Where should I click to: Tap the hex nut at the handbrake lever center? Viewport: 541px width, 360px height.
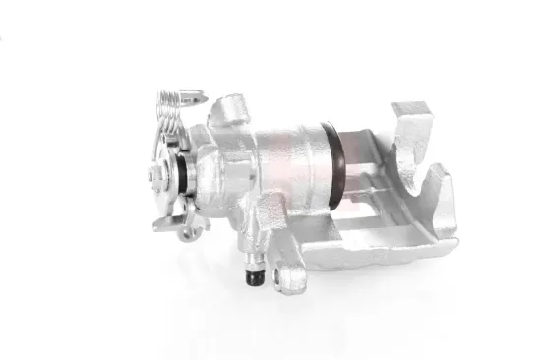pos(156,176)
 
